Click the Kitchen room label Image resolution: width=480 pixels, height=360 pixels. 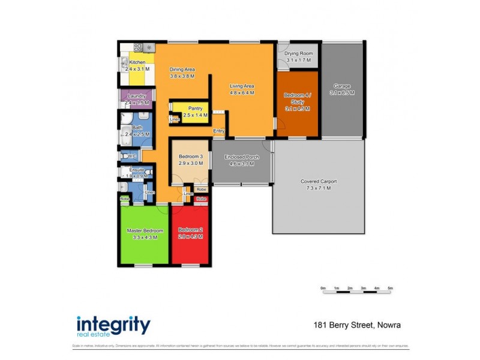137,62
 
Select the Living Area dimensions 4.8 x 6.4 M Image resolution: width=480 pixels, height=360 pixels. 242,93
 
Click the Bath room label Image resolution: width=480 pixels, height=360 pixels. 137,128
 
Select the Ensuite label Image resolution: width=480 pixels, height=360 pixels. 137,170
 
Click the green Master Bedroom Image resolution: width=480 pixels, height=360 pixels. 144,234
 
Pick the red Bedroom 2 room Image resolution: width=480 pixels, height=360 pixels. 190,234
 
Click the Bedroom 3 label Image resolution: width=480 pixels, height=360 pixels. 190,157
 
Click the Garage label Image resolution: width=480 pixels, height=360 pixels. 342,86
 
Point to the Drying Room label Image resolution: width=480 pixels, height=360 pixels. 299,53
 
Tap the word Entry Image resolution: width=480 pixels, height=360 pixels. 218,131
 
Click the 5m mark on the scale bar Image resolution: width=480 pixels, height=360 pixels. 390,289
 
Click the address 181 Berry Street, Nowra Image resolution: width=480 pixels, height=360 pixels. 357,326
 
